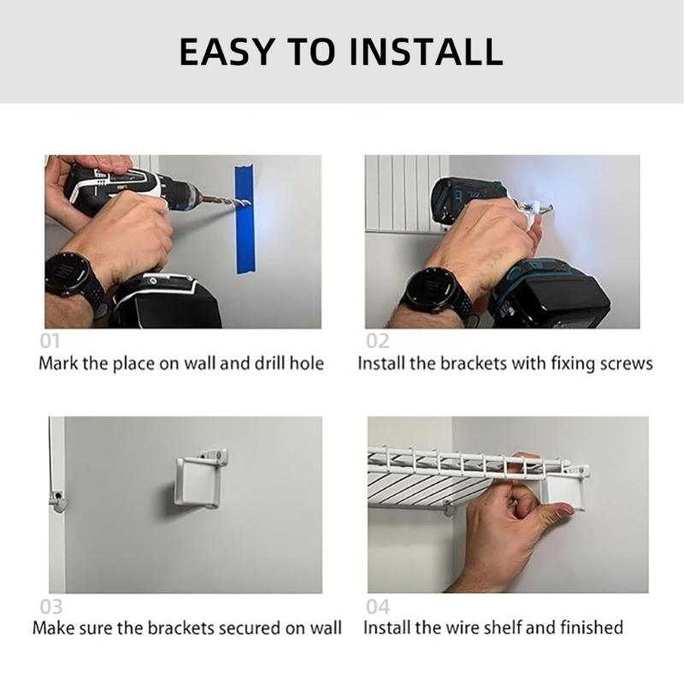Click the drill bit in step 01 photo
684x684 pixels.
(x=225, y=202)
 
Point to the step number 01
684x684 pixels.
(x=50, y=341)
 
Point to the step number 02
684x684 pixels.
(x=377, y=341)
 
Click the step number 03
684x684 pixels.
(x=51, y=606)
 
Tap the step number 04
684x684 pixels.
(x=377, y=606)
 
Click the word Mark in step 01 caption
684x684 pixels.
(x=59, y=363)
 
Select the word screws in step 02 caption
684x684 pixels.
(x=624, y=363)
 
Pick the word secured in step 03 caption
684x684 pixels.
(x=240, y=628)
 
